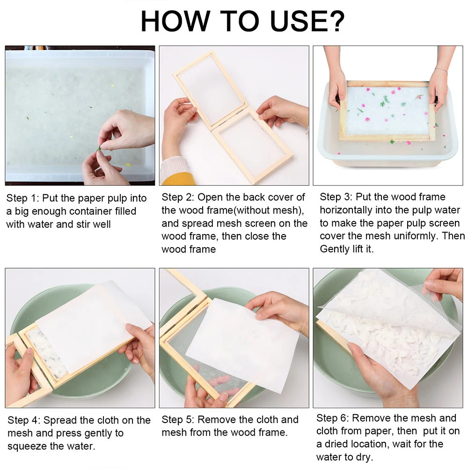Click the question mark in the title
(336, 21)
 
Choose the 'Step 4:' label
(24, 420)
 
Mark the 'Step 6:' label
(333, 418)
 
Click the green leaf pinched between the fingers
(99, 149)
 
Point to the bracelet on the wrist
(440, 70)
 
